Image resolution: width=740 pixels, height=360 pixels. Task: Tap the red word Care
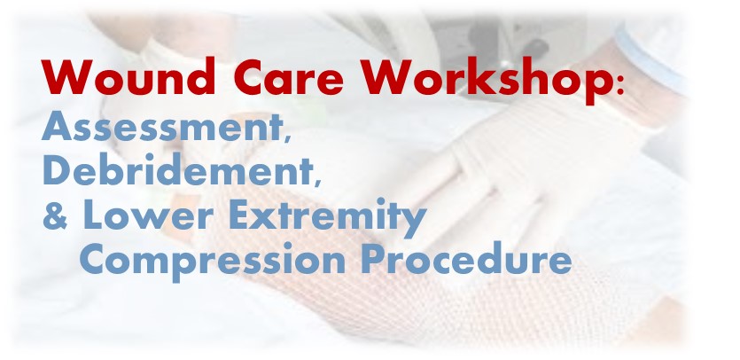pyautogui.click(x=288, y=77)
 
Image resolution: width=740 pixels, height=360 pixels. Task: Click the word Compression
pyautogui.click(x=213, y=260)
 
